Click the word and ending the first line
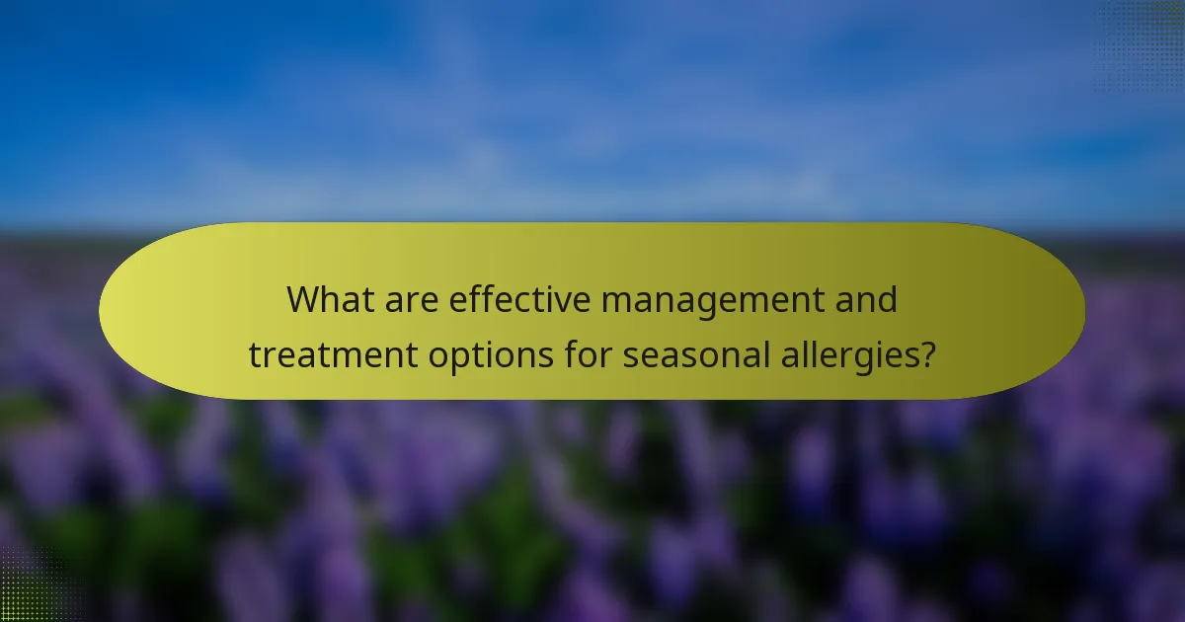click(x=865, y=299)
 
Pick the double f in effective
click(x=494, y=298)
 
